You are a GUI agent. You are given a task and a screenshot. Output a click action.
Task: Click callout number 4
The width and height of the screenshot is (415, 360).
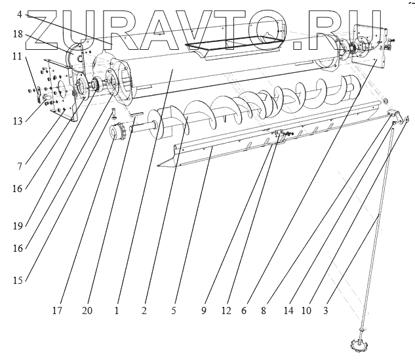coord(20,13)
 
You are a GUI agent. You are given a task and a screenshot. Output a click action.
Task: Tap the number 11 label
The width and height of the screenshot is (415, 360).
coord(17,56)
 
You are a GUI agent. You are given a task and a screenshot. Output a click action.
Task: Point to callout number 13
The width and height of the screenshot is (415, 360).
coord(17,121)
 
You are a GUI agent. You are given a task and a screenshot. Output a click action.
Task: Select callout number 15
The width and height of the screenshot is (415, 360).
coord(18,280)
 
